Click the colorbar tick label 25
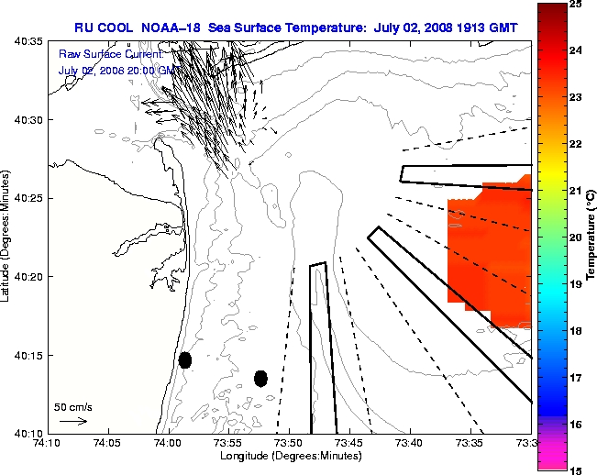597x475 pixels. click(x=573, y=5)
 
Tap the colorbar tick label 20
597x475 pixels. click(x=573, y=237)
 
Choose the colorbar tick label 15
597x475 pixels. click(x=573, y=469)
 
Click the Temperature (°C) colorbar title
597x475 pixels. click(x=591, y=237)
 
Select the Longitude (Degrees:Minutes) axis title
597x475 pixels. click(x=288, y=456)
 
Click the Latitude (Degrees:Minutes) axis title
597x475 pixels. click(x=6, y=237)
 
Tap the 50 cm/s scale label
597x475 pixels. click(x=72, y=406)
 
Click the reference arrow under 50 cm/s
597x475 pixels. click(x=73, y=422)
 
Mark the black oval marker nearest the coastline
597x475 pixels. click(x=185, y=359)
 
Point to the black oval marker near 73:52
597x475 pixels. click(x=260, y=378)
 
